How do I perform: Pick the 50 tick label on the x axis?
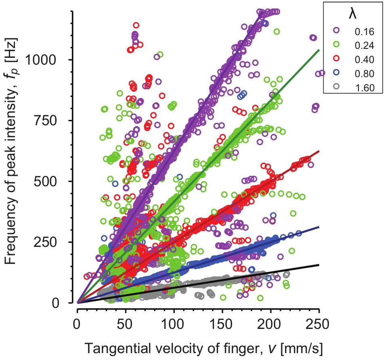125,324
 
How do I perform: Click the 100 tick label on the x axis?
174,324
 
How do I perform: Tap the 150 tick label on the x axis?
222,324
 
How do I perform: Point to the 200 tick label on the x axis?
271,324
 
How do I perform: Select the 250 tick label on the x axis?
319,324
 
